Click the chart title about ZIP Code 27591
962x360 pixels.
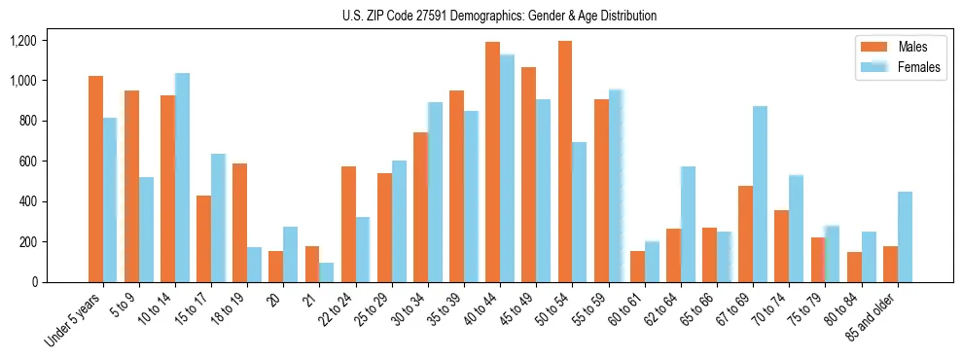point(499,16)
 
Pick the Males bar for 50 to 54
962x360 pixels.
point(565,162)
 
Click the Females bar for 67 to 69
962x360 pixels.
point(760,195)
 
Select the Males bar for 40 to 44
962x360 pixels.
point(492,162)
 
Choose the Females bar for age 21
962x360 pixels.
point(327,272)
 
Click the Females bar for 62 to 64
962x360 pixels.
point(688,224)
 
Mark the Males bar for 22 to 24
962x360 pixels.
point(348,224)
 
